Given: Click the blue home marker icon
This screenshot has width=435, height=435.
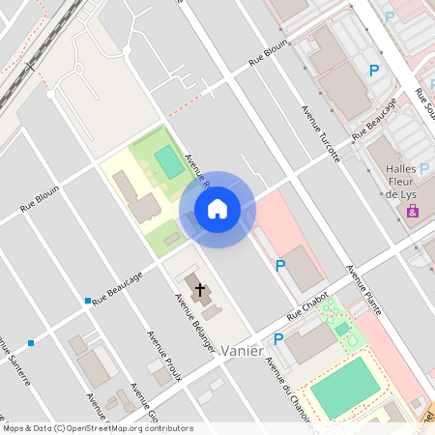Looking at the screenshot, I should (x=217, y=209).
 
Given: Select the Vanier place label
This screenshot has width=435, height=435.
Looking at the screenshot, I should (x=242, y=351).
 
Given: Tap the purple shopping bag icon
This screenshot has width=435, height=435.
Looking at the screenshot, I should (x=413, y=210).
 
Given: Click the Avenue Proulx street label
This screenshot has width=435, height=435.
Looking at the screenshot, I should (x=163, y=357).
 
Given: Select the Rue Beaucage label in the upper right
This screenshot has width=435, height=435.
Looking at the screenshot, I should (x=374, y=119).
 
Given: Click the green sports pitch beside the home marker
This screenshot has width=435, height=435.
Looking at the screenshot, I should (x=169, y=161).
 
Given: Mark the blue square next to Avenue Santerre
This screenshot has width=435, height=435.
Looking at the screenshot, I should (x=31, y=342).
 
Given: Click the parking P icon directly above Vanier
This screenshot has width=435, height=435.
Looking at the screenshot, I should (x=279, y=339).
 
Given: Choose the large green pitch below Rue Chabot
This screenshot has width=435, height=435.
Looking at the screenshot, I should (x=343, y=387).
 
